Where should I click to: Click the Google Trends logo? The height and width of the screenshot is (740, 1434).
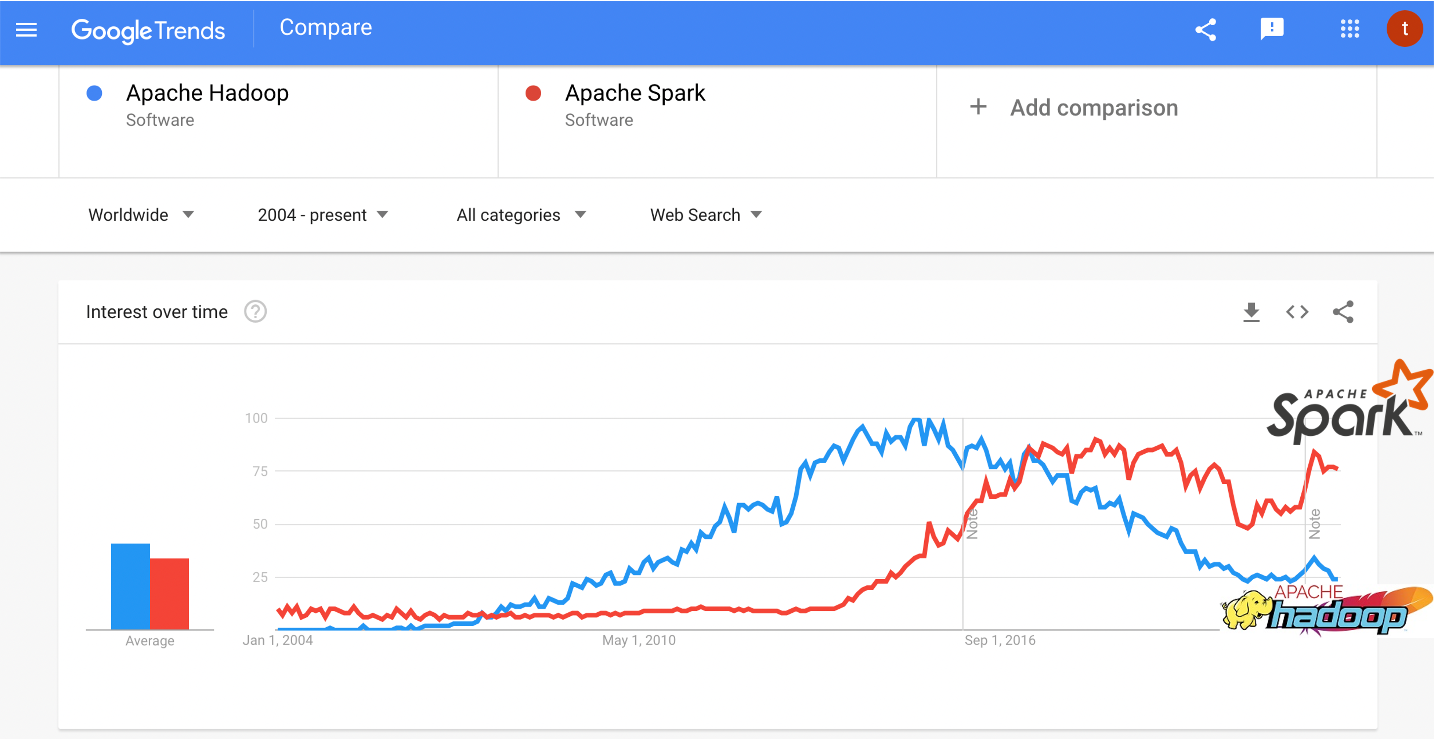(x=148, y=30)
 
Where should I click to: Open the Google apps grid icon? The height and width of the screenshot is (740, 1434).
(x=1350, y=29)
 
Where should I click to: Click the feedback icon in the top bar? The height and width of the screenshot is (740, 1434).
(x=1271, y=29)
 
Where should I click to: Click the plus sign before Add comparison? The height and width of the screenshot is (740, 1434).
(x=978, y=107)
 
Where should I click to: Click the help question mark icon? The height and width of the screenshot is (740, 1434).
(x=256, y=312)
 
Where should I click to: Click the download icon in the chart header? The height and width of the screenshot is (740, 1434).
(x=1251, y=312)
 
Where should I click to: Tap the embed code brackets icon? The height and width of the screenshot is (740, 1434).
(x=1297, y=312)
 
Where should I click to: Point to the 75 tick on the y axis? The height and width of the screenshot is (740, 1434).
(x=260, y=471)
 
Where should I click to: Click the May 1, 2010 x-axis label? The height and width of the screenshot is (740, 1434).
(x=639, y=641)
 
